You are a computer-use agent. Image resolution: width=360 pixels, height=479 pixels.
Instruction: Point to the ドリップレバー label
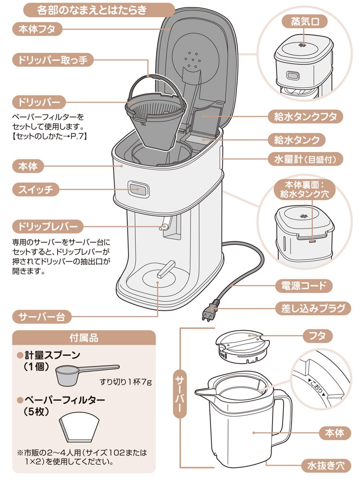click(48, 226)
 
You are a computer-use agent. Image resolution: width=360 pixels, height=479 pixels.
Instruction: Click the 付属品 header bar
click(84, 337)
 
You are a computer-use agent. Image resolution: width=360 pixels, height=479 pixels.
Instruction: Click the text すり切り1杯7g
click(125, 382)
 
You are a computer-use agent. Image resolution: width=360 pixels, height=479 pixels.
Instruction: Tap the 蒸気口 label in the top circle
click(302, 22)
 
